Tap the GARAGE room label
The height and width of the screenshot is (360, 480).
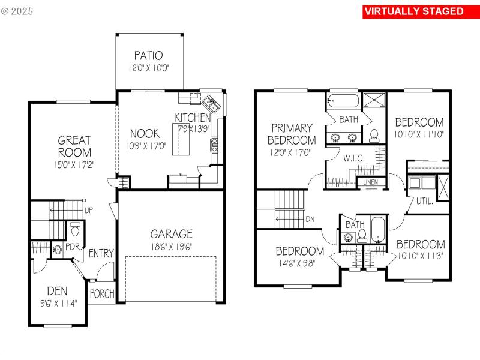point(172,234)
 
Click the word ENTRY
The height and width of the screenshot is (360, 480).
point(101,254)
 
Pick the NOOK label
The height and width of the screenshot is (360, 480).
point(144,133)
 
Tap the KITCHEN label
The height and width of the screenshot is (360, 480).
point(193,118)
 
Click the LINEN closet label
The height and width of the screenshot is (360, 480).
point(370,182)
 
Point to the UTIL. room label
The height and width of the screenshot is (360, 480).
point(424,202)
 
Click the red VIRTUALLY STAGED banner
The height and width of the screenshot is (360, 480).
point(414,11)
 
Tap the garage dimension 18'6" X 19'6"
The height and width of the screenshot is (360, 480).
point(172,246)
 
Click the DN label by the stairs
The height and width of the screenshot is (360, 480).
point(310,219)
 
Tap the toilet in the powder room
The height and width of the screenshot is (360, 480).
point(75,230)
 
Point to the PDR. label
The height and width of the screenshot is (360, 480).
point(73,247)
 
